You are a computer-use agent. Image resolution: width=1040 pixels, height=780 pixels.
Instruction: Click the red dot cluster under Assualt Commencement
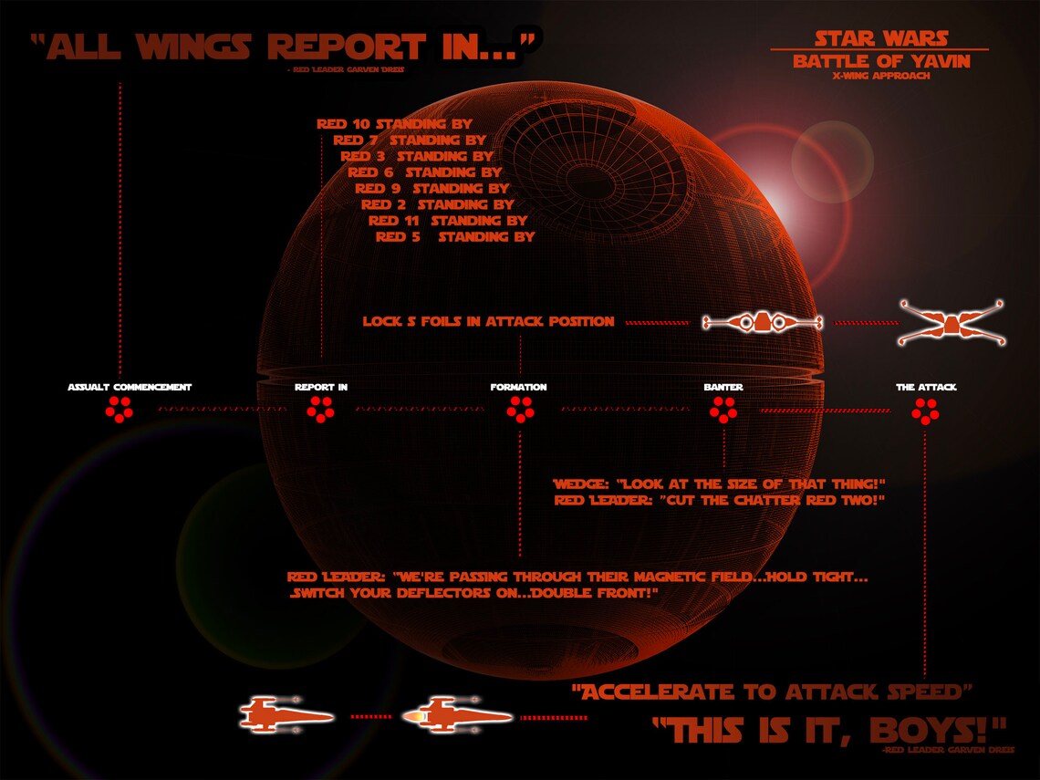pyautogui.click(x=119, y=411)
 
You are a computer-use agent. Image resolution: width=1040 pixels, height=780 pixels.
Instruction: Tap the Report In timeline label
pyautogui.click(x=320, y=388)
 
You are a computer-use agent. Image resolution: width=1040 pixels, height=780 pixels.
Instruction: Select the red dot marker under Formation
pyautogui.click(x=519, y=411)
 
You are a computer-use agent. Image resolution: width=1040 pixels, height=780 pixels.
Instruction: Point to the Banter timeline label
pyautogui.click(x=723, y=388)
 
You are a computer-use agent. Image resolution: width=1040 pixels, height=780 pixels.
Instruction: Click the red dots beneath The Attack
pyautogui.click(x=925, y=411)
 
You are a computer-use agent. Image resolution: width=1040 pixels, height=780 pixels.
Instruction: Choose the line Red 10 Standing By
pyautogui.click(x=393, y=124)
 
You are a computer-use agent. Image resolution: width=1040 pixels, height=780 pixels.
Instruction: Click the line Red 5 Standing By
pyautogui.click(x=454, y=236)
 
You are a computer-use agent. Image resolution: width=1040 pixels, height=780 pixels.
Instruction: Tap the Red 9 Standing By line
pyautogui.click(x=432, y=188)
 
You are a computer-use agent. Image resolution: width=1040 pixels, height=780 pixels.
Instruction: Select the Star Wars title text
pyautogui.click(x=880, y=38)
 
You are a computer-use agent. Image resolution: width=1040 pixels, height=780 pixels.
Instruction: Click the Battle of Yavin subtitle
pyautogui.click(x=880, y=62)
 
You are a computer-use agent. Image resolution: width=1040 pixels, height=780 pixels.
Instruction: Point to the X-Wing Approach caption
pyautogui.click(x=880, y=77)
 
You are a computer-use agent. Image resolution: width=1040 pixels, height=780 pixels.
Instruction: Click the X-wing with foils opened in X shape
pyautogui.click(x=950, y=322)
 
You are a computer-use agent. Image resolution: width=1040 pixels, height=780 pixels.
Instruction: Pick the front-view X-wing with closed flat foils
pyautogui.click(x=762, y=322)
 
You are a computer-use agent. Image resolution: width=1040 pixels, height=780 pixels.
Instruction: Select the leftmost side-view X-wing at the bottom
pyautogui.click(x=286, y=714)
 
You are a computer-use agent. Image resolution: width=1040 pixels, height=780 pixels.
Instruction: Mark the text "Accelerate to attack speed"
pyautogui.click(x=772, y=692)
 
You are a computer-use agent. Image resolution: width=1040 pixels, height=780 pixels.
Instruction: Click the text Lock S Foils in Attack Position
pyautogui.click(x=488, y=322)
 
